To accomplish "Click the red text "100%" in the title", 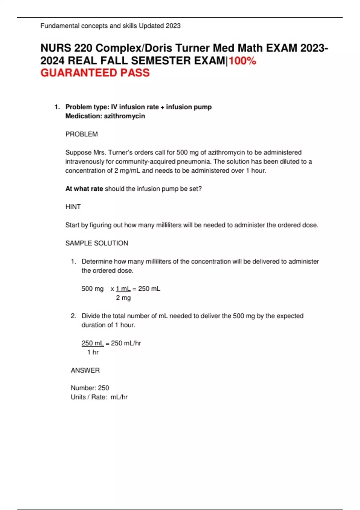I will [242, 61].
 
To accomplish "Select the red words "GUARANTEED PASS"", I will [95, 73].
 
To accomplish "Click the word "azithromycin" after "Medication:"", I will [124, 116].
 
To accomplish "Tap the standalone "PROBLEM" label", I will [82, 134].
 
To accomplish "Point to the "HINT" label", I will [73, 207].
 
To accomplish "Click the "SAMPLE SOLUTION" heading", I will [97, 243].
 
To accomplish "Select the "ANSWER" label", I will [85, 370].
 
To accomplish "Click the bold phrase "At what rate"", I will [84, 189].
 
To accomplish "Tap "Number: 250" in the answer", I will [90, 388].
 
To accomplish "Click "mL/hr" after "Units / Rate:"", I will [119, 397].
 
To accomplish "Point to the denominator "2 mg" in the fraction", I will [123, 298].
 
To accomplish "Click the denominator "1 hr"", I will [93, 352].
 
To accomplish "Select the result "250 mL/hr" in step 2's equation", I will [126, 343].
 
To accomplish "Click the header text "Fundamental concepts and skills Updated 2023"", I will [110, 26].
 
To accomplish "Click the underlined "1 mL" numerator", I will [123, 289].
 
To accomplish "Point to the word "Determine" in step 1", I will [97, 261].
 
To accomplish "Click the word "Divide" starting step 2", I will [91, 316].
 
